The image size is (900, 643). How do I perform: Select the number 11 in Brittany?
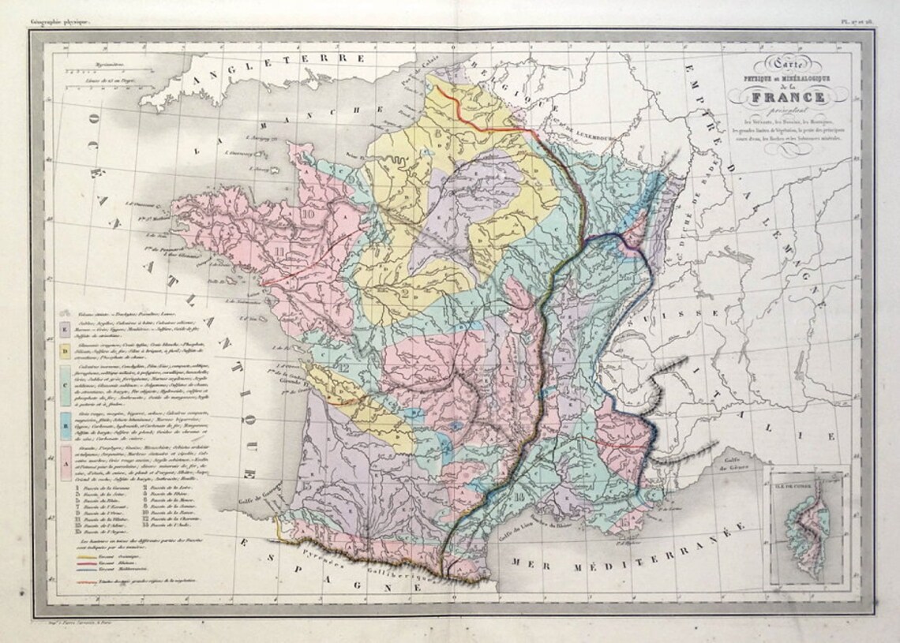[279, 252]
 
